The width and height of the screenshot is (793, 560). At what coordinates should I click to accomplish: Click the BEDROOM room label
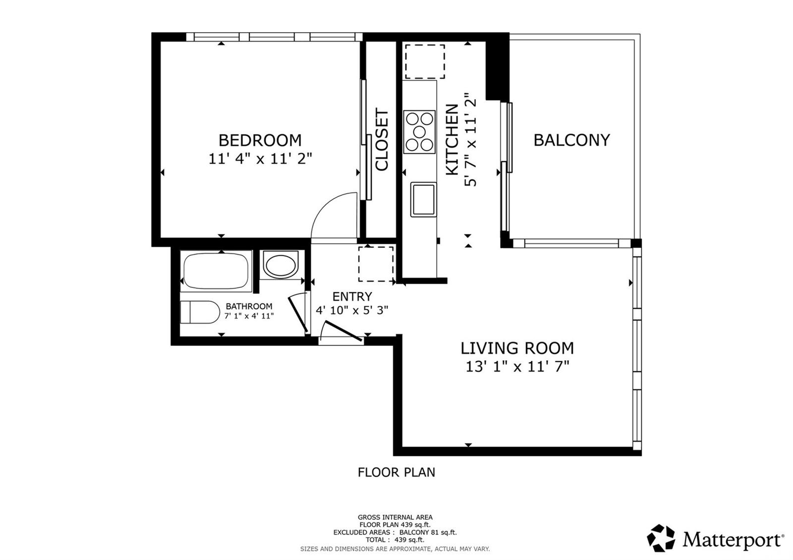click(x=260, y=141)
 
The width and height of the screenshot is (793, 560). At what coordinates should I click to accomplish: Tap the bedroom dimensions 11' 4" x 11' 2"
click(x=260, y=159)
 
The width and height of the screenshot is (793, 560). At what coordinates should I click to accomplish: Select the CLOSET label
click(x=382, y=139)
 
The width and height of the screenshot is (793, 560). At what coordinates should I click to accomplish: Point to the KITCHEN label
click(x=452, y=139)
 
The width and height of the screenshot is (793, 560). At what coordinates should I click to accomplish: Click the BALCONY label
click(x=572, y=140)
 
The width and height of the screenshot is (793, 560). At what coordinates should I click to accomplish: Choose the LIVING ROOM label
click(x=517, y=348)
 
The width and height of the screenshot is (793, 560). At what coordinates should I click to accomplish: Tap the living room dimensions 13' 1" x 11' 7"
click(x=517, y=367)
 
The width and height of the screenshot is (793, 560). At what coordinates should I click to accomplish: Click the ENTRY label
click(x=352, y=296)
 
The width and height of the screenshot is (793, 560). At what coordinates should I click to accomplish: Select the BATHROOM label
click(x=249, y=306)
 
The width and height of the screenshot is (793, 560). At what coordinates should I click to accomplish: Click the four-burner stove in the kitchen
click(x=419, y=132)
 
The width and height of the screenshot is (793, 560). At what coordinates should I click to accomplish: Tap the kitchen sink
click(x=423, y=199)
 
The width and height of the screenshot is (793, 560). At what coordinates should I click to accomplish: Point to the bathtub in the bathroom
click(x=216, y=271)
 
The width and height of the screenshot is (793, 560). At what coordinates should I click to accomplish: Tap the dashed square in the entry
click(x=376, y=264)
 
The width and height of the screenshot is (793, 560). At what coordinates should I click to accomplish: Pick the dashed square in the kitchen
click(x=425, y=61)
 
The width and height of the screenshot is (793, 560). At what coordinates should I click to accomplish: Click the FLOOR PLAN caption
click(x=396, y=472)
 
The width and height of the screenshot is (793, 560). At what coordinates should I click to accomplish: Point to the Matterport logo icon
click(x=661, y=538)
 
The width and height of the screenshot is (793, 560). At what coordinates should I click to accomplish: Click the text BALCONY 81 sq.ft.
click(x=428, y=532)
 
